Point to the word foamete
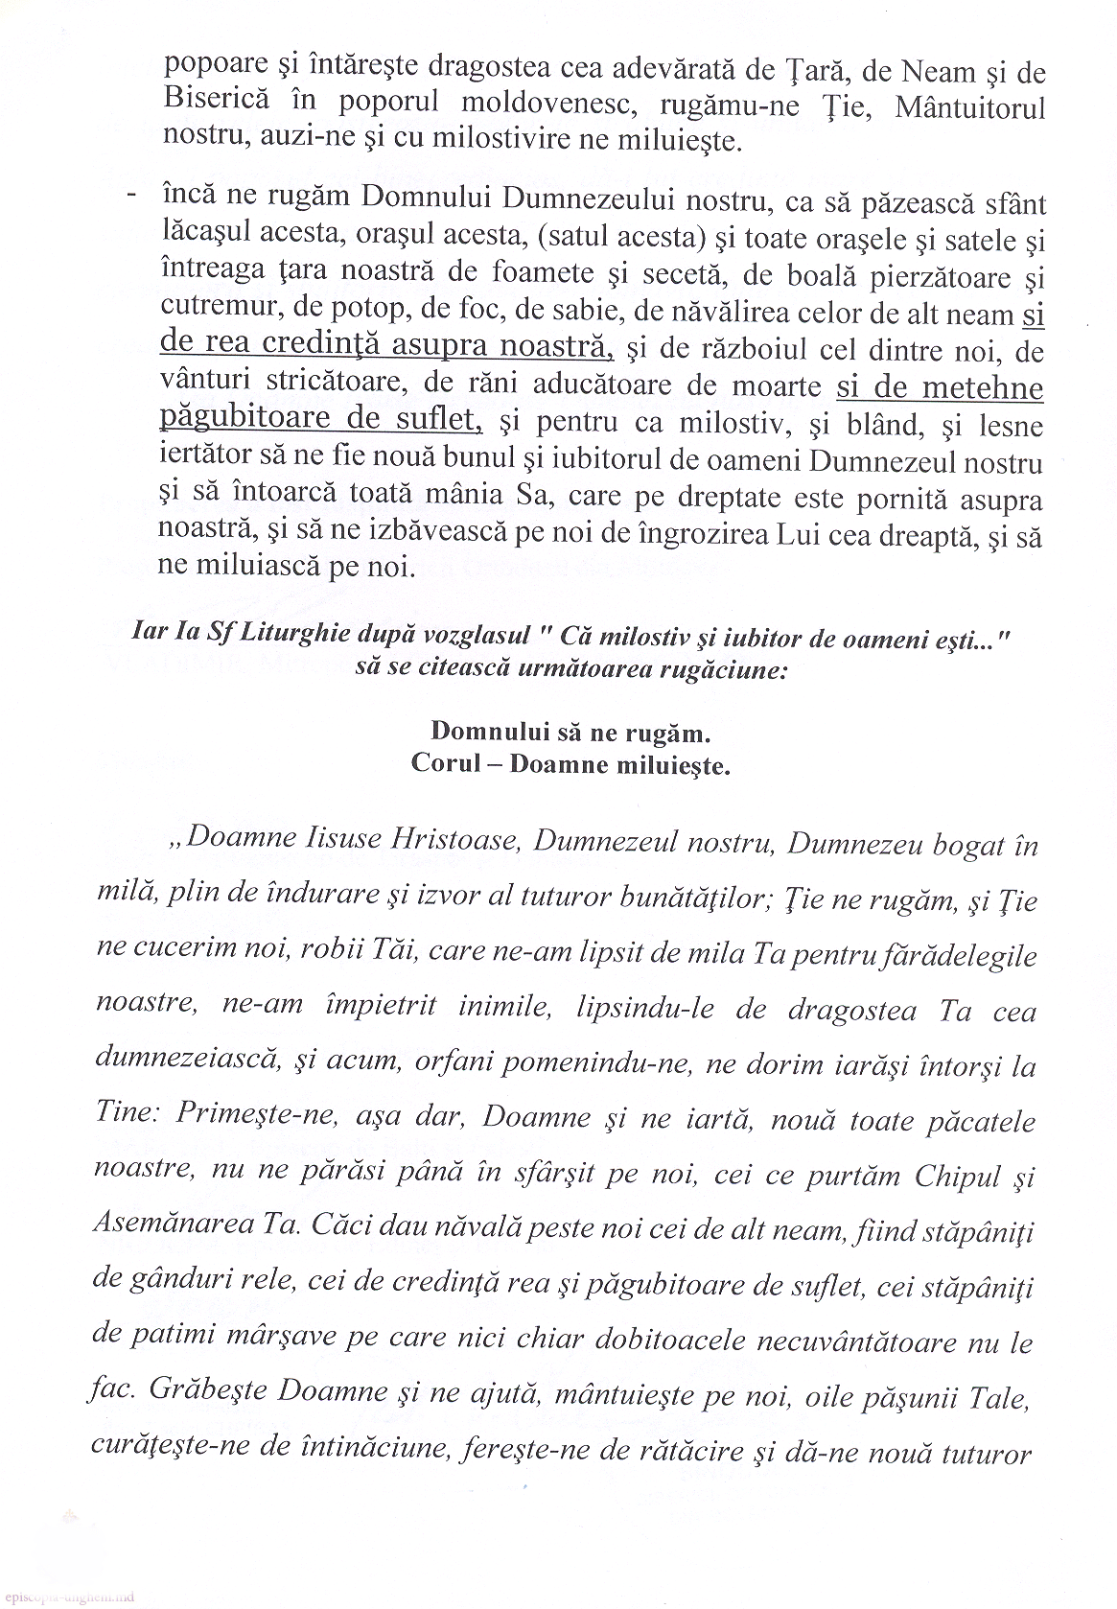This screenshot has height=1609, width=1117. pos(533,277)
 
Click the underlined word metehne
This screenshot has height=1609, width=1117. pos(978,386)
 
